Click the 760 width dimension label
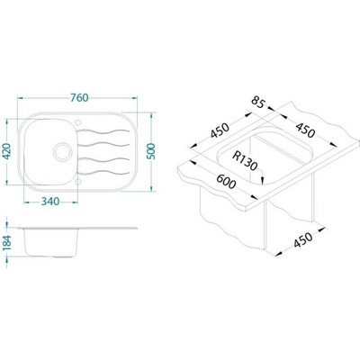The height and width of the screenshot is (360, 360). coord(79,97)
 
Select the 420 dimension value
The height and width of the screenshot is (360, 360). coord(6,151)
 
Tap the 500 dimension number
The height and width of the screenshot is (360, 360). coord(152,151)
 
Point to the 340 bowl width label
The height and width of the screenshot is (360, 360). coord(50,202)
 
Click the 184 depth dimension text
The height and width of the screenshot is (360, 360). coord(6,243)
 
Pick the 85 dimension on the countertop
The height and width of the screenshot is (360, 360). coord(257,102)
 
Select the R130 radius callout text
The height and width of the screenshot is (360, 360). coord(245,161)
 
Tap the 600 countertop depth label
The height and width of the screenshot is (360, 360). coord(226,182)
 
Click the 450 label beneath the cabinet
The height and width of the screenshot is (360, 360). coord(302,239)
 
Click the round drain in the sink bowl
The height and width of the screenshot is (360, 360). coord(63,151)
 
